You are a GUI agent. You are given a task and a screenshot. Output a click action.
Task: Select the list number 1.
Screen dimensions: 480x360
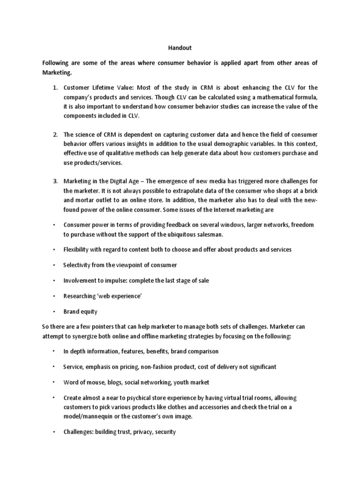click(x=54, y=88)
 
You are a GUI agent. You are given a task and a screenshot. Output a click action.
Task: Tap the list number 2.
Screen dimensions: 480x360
click(x=54, y=135)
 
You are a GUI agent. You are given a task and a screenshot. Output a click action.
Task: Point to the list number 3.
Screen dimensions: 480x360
click(x=54, y=181)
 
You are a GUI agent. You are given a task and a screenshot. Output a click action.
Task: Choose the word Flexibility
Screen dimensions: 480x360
click(x=78, y=250)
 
